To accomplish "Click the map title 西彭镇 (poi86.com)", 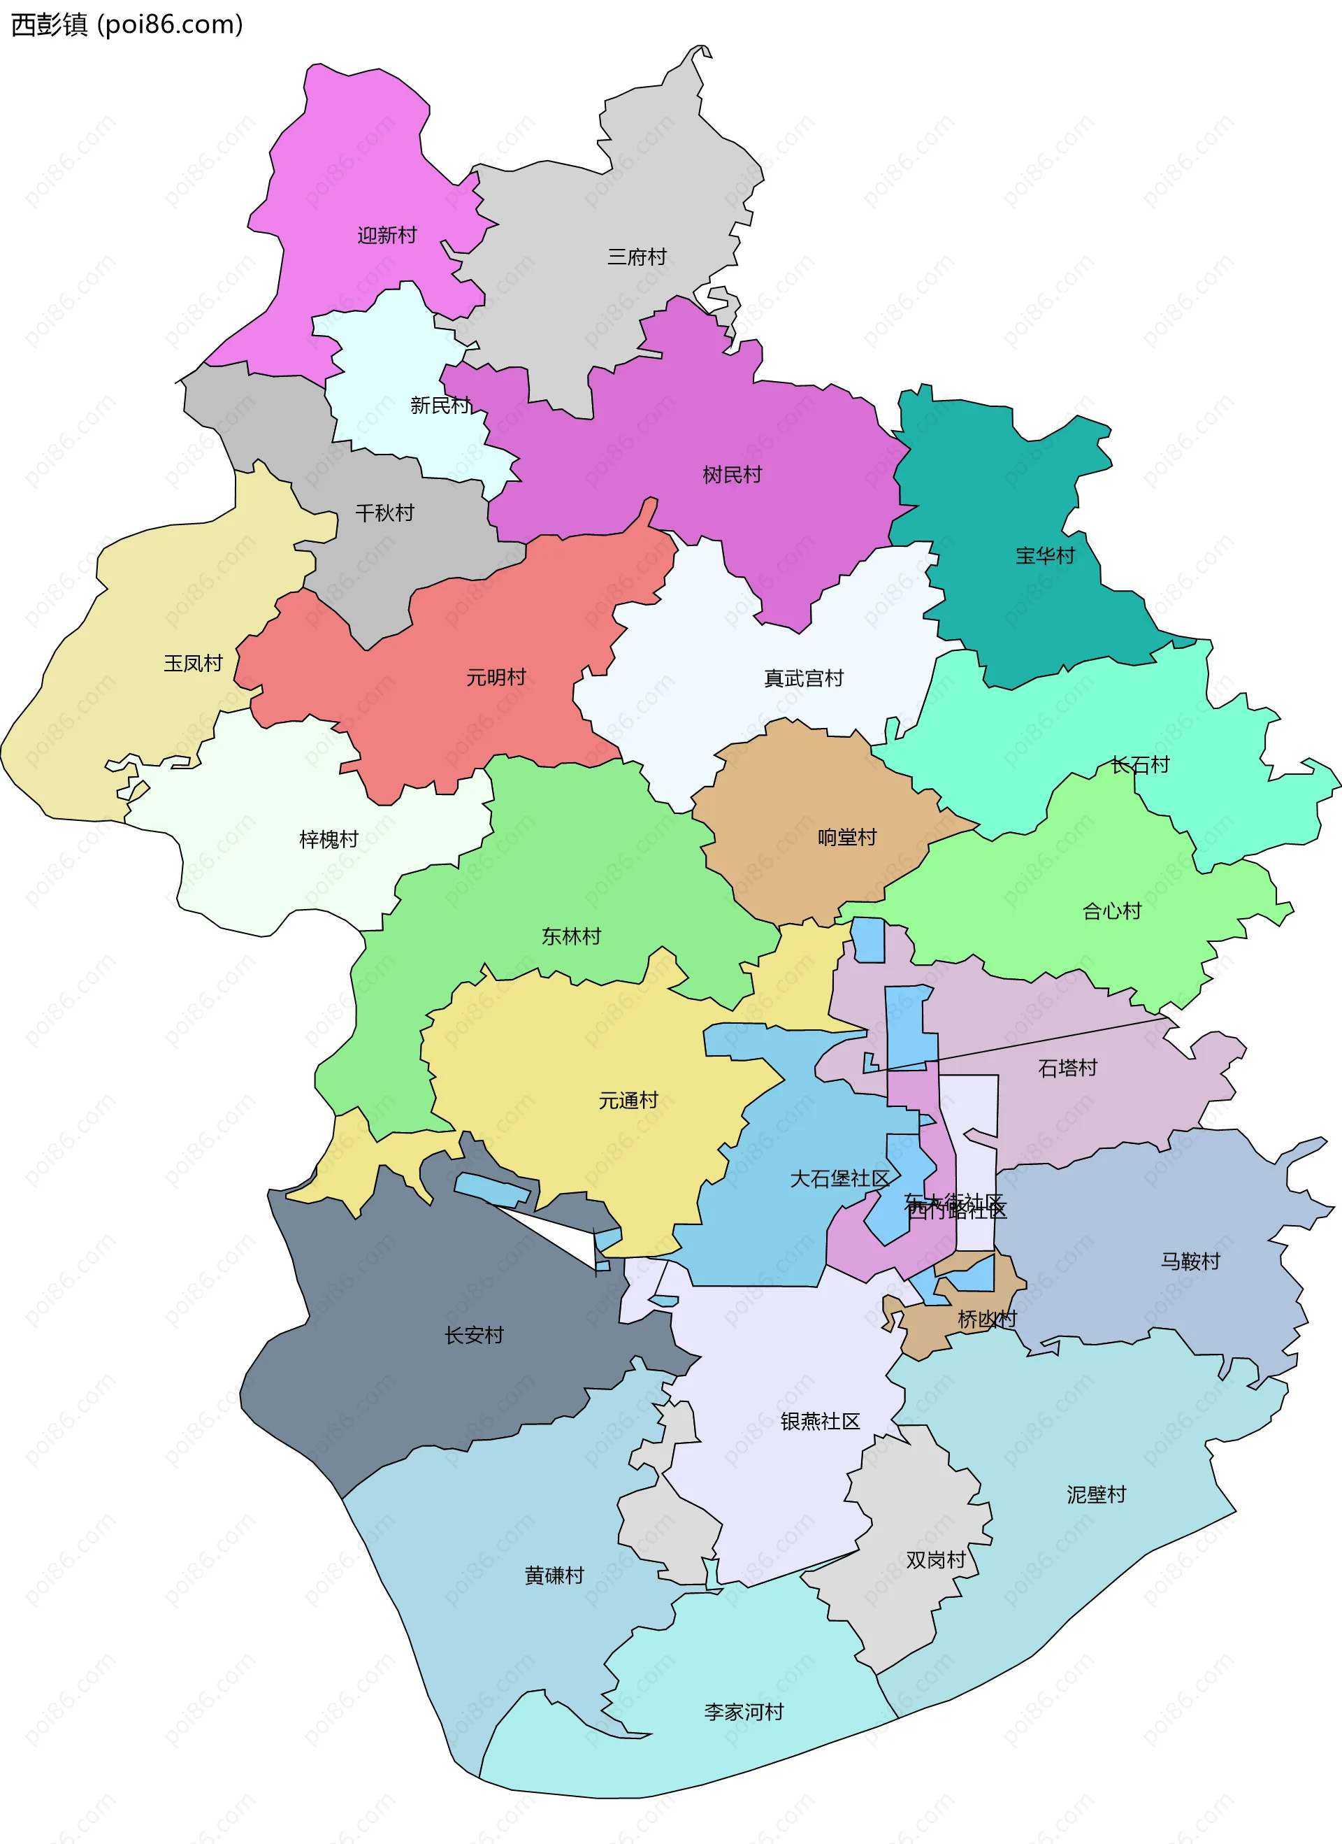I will click(x=127, y=25).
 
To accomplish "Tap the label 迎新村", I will click(x=387, y=235).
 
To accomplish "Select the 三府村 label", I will click(x=637, y=257).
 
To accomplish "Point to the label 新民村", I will click(x=440, y=405).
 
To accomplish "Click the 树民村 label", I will click(x=732, y=475).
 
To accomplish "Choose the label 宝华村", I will click(x=1044, y=556).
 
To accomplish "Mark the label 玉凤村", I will click(x=193, y=664).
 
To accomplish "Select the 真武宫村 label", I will click(x=803, y=678).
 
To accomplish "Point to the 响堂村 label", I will click(x=847, y=838).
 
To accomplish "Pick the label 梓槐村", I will click(x=329, y=839).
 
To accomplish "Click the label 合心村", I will click(x=1111, y=911).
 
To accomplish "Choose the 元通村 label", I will click(x=628, y=1101).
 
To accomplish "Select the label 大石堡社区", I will click(x=839, y=1179).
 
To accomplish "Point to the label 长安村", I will click(x=473, y=1335).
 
